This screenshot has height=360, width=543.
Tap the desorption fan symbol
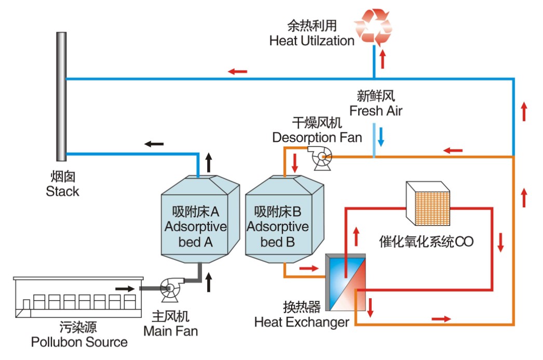coord(318,155)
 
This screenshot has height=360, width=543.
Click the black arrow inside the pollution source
coord(124,288)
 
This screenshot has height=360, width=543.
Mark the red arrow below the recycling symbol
coord(383,59)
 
